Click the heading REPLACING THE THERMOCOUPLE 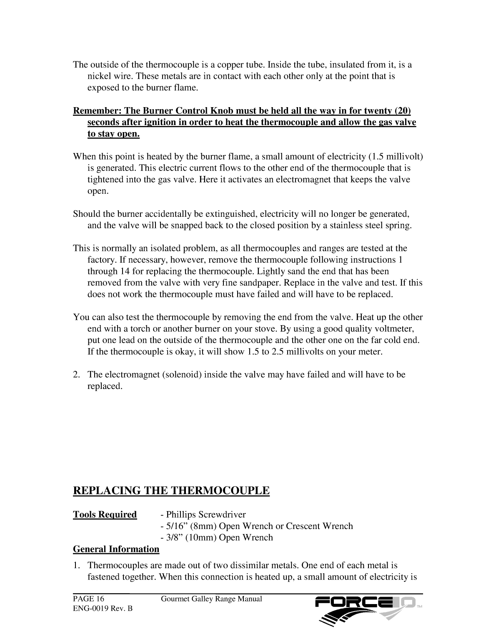coord(171,491)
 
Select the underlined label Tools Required coord(105,514)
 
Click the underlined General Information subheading coord(116,549)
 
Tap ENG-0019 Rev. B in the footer coord(103,609)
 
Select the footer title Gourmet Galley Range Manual coord(211,599)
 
